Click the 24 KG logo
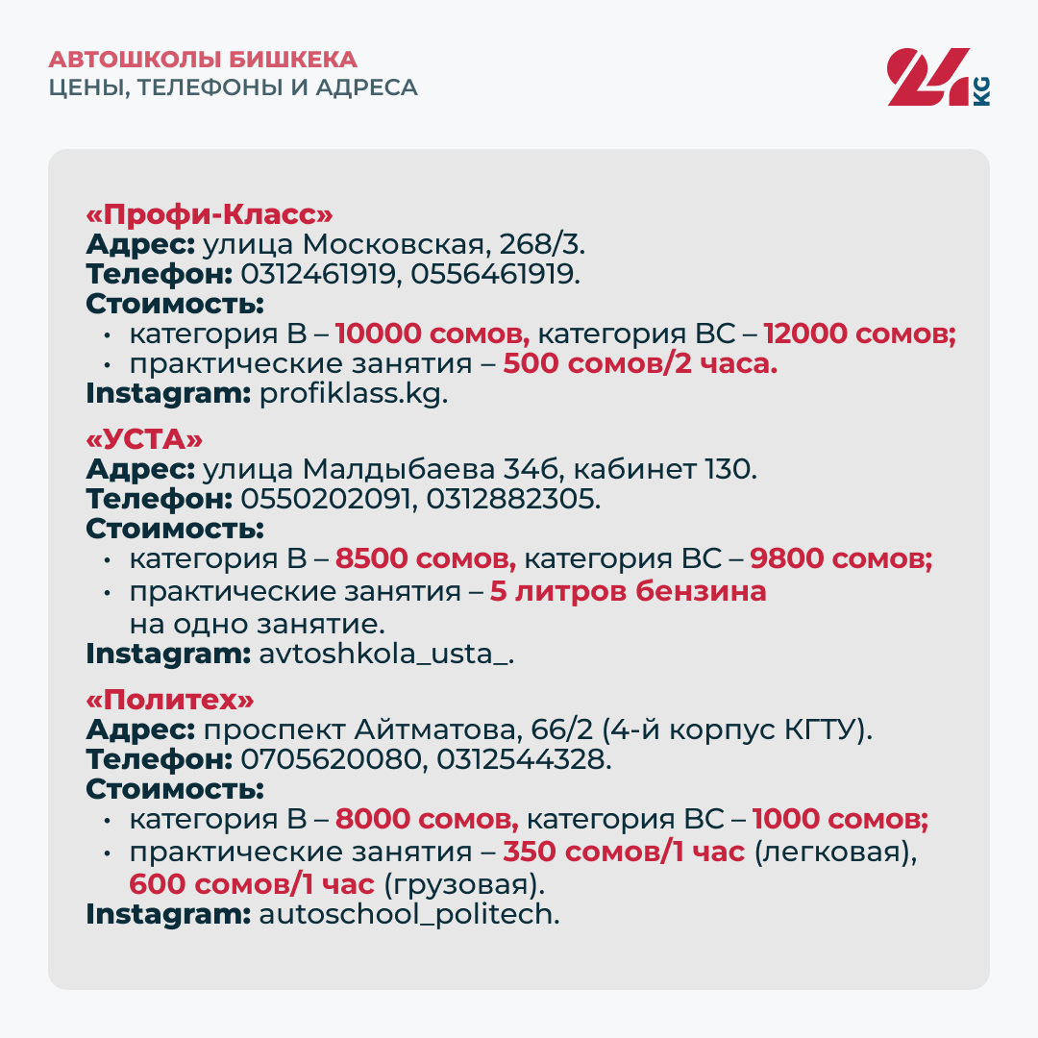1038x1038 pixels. pos(937,77)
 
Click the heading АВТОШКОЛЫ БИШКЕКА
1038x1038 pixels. pos(203,59)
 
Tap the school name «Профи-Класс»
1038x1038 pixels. pos(210,212)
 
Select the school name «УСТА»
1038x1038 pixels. pos(145,439)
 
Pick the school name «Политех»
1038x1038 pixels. pos(171,699)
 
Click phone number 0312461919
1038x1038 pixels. pos(320,274)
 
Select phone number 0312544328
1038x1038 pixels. pos(522,759)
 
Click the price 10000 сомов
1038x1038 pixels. pos(432,334)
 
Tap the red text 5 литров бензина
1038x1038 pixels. pos(629,591)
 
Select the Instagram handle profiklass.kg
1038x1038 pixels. pos(354,394)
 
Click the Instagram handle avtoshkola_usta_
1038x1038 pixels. pos(387,654)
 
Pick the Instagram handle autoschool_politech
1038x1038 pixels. pos(409,913)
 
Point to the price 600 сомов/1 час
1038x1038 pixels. pos(252,883)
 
